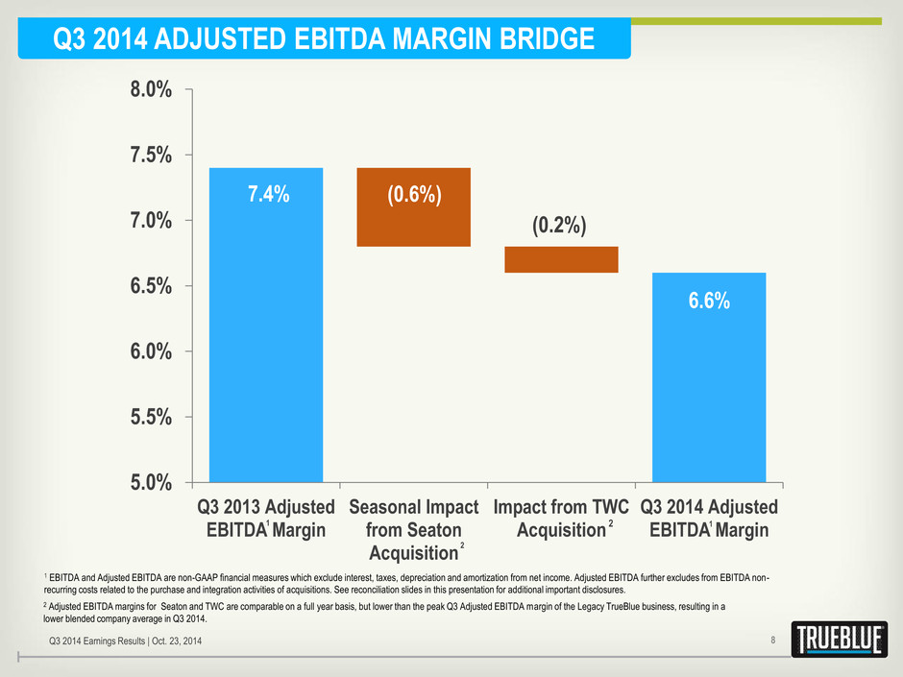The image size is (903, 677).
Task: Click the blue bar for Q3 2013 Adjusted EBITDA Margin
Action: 266,326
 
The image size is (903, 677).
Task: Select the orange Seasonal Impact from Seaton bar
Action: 413,207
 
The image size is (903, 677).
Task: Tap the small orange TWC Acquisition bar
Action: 561,259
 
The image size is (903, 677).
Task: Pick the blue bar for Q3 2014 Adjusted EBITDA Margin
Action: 709,379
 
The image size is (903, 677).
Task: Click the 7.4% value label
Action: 266,194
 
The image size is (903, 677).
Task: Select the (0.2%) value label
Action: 559,226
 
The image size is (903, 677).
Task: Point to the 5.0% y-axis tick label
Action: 151,481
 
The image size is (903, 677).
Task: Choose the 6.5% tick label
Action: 151,285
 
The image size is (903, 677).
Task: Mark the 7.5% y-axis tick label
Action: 151,155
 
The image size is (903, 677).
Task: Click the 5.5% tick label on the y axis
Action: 151,416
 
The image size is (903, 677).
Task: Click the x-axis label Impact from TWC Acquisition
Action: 561,518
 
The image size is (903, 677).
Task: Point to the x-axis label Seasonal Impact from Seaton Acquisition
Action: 413,529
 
